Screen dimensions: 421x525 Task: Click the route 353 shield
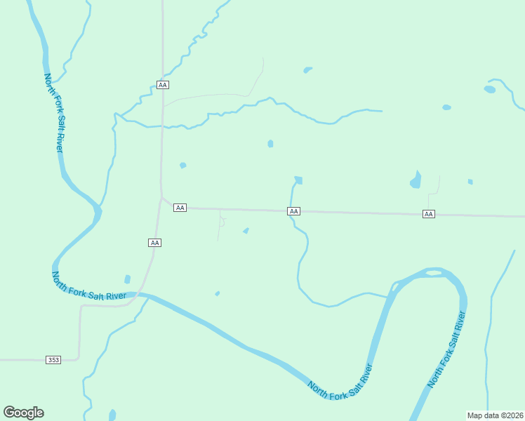click(x=54, y=360)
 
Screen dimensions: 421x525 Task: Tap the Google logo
click(x=23, y=413)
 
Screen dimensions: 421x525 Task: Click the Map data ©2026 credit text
click(x=496, y=415)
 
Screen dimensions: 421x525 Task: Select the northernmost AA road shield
click(x=163, y=85)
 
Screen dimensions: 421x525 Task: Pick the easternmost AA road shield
click(x=428, y=214)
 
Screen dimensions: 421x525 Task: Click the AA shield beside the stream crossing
click(x=294, y=211)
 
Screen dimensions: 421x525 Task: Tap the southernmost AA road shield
click(x=155, y=243)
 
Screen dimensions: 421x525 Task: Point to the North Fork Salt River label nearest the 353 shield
click(x=89, y=287)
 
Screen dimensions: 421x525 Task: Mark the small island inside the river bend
click(x=434, y=272)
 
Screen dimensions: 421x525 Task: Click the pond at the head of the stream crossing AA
click(x=298, y=180)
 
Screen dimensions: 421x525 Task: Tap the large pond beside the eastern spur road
click(x=416, y=181)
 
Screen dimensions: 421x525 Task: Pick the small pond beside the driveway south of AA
click(x=246, y=230)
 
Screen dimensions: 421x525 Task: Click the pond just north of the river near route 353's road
click(x=127, y=279)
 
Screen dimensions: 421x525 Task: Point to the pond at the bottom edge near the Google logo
click(x=112, y=415)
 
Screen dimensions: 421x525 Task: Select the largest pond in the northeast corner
click(x=490, y=89)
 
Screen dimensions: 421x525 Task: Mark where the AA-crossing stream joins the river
click(x=387, y=297)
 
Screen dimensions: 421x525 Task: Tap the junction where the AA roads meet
click(x=162, y=199)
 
